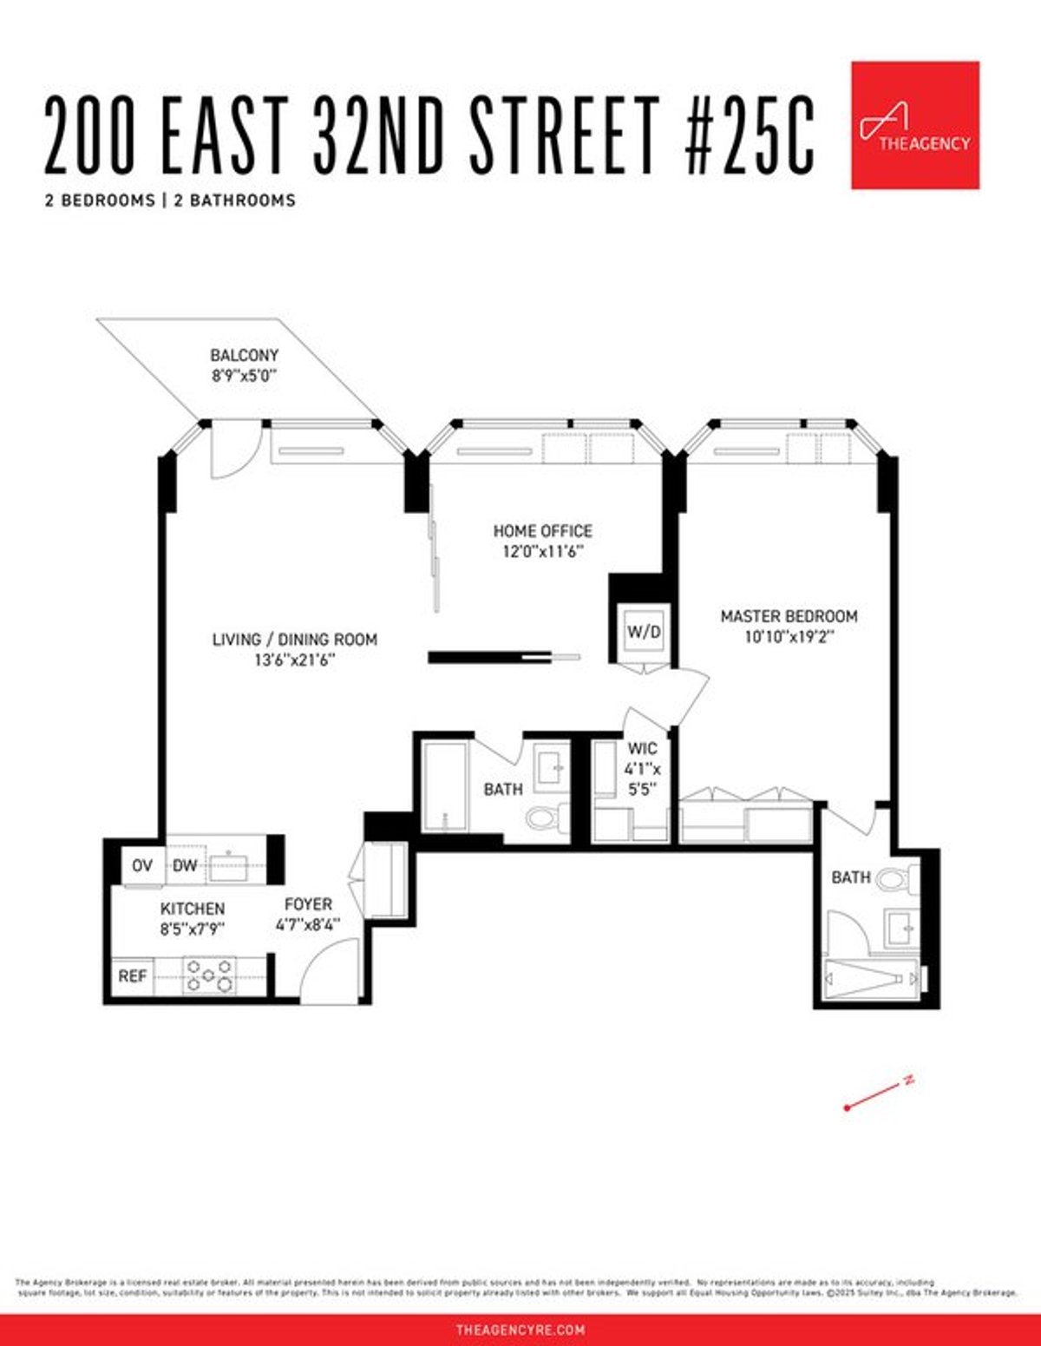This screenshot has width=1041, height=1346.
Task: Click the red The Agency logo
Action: click(915, 125)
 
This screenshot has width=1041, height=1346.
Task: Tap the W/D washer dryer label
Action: click(644, 632)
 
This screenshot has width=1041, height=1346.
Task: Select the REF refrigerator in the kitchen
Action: click(133, 976)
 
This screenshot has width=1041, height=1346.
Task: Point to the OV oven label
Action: click(142, 865)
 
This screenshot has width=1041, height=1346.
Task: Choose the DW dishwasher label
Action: click(184, 865)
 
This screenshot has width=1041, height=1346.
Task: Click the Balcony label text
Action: click(244, 355)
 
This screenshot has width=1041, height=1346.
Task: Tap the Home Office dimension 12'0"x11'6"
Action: click(542, 551)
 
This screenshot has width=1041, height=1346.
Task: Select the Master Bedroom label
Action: click(789, 616)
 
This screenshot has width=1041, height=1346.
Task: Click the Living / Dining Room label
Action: click(295, 640)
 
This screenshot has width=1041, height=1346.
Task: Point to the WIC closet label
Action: click(642, 748)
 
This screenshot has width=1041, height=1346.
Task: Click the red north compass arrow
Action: click(878, 1094)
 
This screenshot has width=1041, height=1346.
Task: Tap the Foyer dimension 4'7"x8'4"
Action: click(308, 926)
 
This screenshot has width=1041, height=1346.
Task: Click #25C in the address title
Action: click(750, 136)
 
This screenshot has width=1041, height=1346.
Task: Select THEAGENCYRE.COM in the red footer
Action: click(520, 1330)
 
